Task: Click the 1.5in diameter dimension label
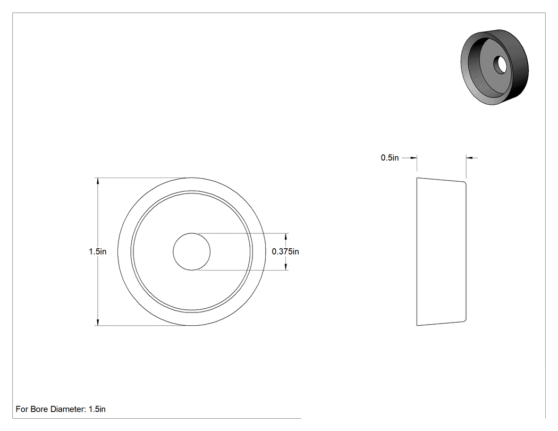pyautogui.click(x=97, y=251)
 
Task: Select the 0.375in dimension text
pyautogui.click(x=285, y=251)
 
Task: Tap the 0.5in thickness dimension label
pyautogui.click(x=390, y=158)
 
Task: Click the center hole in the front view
pyautogui.click(x=191, y=251)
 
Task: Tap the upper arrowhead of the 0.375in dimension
pyautogui.click(x=286, y=236)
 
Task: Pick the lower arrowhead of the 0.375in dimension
pyautogui.click(x=286, y=267)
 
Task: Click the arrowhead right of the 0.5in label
pyautogui.click(x=413, y=158)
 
